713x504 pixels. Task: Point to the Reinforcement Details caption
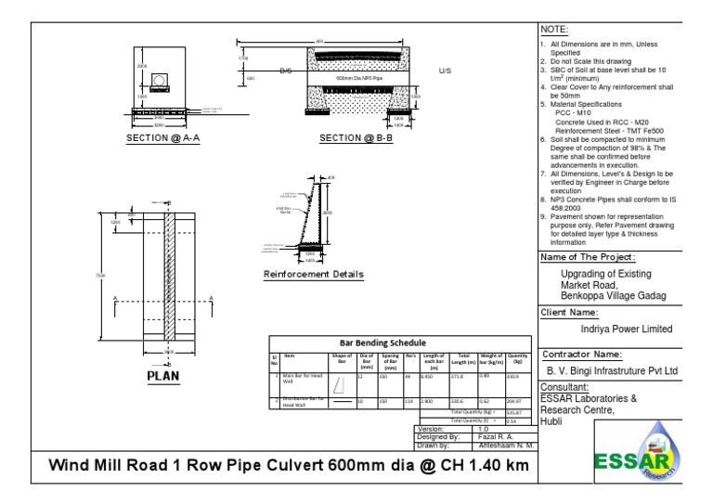314,275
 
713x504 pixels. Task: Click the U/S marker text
444,71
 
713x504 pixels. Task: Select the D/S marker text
286,71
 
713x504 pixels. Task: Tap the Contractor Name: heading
581,354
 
